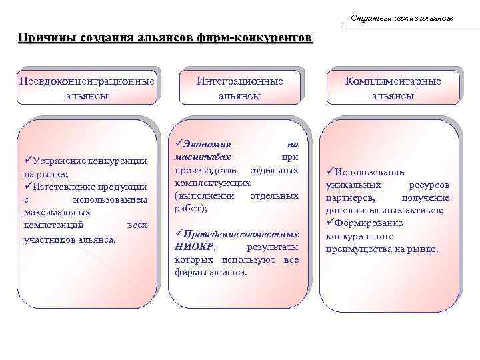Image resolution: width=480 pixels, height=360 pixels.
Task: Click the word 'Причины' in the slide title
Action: [44, 38]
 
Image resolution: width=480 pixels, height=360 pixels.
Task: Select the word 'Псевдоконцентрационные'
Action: [87, 81]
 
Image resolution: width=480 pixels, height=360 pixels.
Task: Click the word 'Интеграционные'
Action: [239, 81]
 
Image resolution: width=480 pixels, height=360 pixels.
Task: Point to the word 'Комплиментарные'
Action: [393, 81]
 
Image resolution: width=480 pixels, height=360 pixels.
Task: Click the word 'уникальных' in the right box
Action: [353, 185]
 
